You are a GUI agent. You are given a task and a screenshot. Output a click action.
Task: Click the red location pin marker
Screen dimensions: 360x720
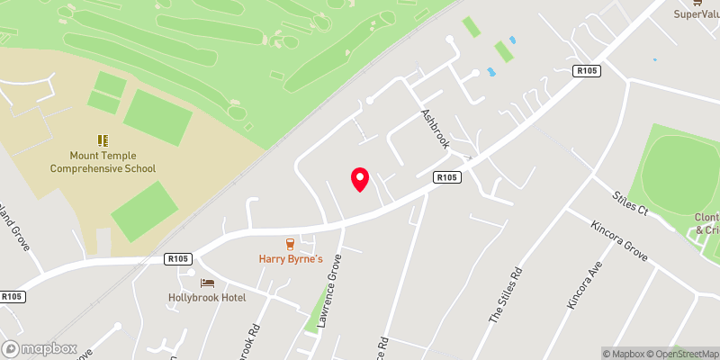360,179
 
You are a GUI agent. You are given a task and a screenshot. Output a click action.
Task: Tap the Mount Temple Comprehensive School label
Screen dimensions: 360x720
103,162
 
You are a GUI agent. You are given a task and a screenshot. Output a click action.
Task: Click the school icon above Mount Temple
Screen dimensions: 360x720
103,139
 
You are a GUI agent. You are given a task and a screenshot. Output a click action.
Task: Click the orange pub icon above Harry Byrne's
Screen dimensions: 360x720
290,243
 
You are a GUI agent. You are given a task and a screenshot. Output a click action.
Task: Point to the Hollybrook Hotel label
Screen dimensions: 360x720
207,298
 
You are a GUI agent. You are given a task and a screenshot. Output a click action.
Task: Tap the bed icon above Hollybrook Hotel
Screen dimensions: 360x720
208,282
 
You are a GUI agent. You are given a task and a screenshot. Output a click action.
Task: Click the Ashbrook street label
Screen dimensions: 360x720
437,130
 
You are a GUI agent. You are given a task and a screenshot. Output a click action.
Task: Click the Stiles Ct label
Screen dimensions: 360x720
630,204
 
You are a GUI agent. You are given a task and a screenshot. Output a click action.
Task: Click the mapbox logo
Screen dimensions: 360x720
40,348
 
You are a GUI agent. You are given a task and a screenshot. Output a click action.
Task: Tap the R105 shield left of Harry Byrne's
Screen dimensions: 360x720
177,258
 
